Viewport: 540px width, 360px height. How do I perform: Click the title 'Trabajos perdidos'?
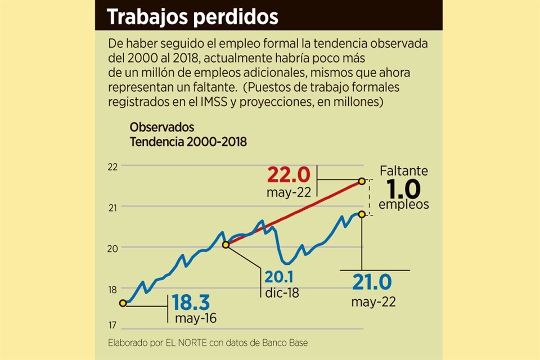(x=192, y=17)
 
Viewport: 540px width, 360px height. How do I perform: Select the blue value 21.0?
(x=373, y=281)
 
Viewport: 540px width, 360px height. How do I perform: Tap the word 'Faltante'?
(x=403, y=170)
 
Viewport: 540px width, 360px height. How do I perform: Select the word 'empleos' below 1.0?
(x=403, y=204)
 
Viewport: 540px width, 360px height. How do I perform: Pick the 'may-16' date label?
(x=196, y=319)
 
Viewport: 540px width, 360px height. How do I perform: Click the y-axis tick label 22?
(x=112, y=166)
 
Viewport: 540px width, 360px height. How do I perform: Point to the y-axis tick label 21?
(x=112, y=208)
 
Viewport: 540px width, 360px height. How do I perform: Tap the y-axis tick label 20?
(x=112, y=248)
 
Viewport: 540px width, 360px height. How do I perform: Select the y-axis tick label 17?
(x=112, y=325)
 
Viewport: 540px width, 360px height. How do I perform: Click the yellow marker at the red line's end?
(x=362, y=181)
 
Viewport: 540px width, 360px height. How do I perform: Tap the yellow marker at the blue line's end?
(x=361, y=214)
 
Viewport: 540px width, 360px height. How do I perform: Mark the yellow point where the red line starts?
(x=226, y=245)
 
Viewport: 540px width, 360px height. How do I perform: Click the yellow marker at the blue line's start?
(x=123, y=303)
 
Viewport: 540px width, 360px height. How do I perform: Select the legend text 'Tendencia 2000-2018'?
(x=188, y=142)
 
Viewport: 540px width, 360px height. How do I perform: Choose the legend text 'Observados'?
(x=162, y=127)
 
